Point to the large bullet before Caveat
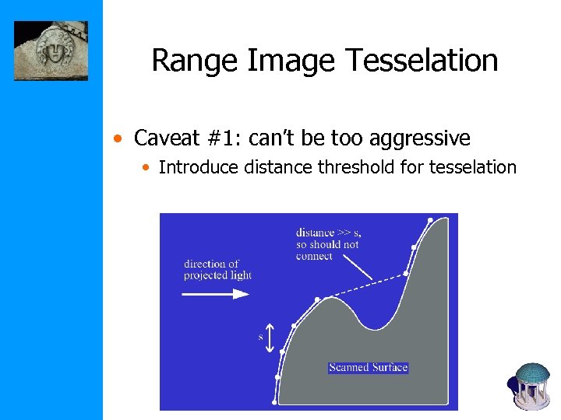pos(116,140)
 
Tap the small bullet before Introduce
pos(148,167)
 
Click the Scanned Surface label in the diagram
pos(369,367)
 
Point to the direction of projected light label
pos(217,269)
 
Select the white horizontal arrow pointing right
pos(216,294)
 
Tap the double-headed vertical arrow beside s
pos(270,338)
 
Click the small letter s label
pos(260,337)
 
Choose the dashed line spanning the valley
pos(362,286)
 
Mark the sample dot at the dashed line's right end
pos(406,274)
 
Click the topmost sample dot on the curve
pos(430,220)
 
